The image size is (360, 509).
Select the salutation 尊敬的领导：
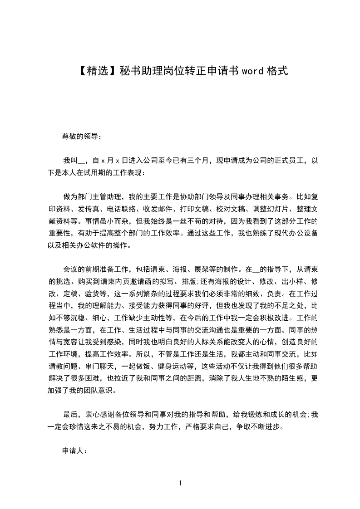pos(82,136)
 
